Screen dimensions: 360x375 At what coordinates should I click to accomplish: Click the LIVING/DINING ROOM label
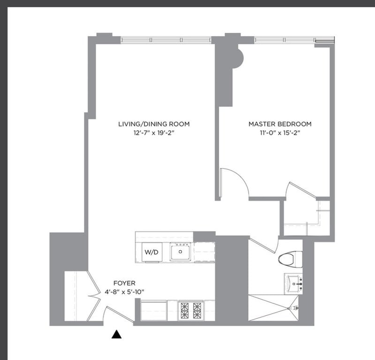point(154,124)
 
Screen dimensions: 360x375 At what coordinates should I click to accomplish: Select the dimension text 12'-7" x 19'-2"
point(154,133)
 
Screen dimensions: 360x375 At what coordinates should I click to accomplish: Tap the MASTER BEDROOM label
point(280,124)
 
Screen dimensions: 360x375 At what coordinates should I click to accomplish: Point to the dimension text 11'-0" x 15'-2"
point(280,133)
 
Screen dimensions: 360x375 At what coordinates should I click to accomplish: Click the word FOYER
point(124,283)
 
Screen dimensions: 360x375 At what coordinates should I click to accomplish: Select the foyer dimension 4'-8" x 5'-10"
point(124,292)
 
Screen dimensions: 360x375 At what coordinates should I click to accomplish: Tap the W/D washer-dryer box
point(151,252)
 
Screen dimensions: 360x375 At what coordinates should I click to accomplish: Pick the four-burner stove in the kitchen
point(191,310)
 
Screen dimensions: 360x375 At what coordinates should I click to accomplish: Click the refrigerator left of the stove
point(153,310)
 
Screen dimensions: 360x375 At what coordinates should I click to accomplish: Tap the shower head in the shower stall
point(295,308)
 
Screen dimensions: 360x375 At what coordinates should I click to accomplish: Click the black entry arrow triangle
point(117,334)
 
